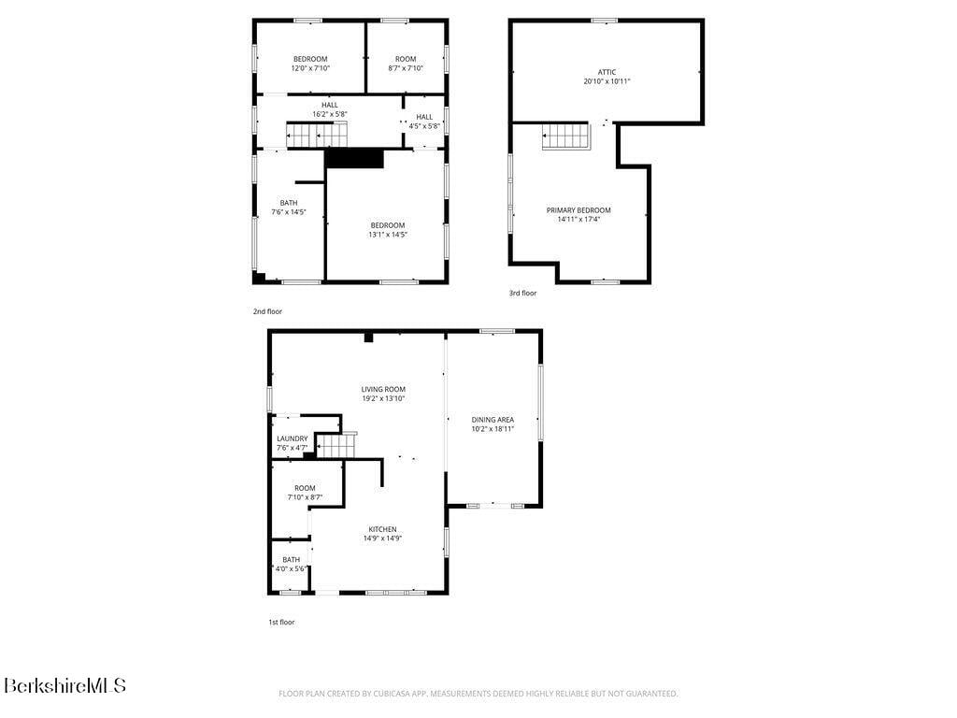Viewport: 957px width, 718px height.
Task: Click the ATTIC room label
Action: tap(607, 72)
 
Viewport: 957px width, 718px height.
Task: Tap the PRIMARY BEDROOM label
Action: tap(578, 210)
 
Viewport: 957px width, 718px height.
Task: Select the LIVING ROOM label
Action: tap(383, 389)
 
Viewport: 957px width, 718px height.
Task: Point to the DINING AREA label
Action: tap(493, 420)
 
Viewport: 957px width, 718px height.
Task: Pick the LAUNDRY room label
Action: tap(292, 438)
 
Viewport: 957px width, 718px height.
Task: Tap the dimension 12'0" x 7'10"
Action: tap(310, 68)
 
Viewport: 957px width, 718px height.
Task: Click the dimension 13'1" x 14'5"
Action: tap(387, 235)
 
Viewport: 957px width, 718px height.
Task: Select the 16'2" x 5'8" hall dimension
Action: tap(330, 114)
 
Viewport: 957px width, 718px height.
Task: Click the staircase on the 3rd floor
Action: tap(565, 136)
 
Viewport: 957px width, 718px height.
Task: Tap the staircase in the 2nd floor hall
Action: tap(317, 136)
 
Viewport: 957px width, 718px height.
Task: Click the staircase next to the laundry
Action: tap(336, 447)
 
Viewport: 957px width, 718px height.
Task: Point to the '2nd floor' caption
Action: tap(267, 311)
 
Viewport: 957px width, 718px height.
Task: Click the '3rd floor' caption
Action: tap(522, 294)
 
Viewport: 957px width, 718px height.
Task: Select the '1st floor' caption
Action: tap(281, 622)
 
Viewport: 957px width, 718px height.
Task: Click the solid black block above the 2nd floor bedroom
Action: tap(354, 159)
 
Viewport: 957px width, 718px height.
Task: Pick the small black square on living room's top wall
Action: tap(368, 337)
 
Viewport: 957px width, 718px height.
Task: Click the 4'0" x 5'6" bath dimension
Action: tap(291, 568)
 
